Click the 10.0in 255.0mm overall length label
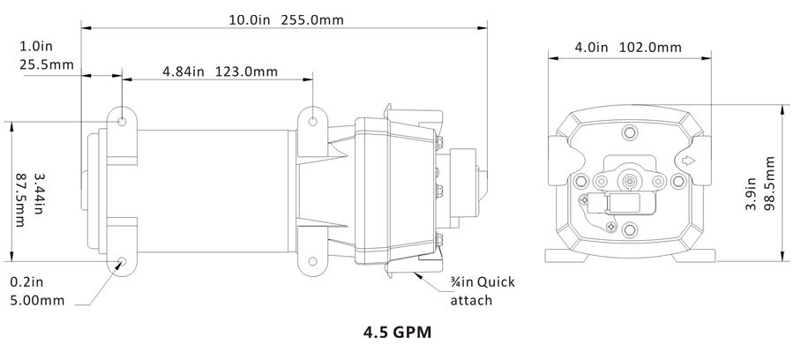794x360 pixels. point(286,20)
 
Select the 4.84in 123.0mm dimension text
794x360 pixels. point(221,71)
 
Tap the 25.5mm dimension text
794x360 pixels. point(47,64)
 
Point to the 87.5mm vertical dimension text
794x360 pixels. point(21,200)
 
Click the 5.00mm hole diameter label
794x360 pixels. point(37,301)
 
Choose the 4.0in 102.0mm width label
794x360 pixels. point(628,48)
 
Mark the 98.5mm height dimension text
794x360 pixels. point(770,184)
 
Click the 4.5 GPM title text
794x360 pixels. point(398,333)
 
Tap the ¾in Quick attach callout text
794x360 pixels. point(483,291)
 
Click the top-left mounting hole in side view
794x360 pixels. point(122,122)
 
